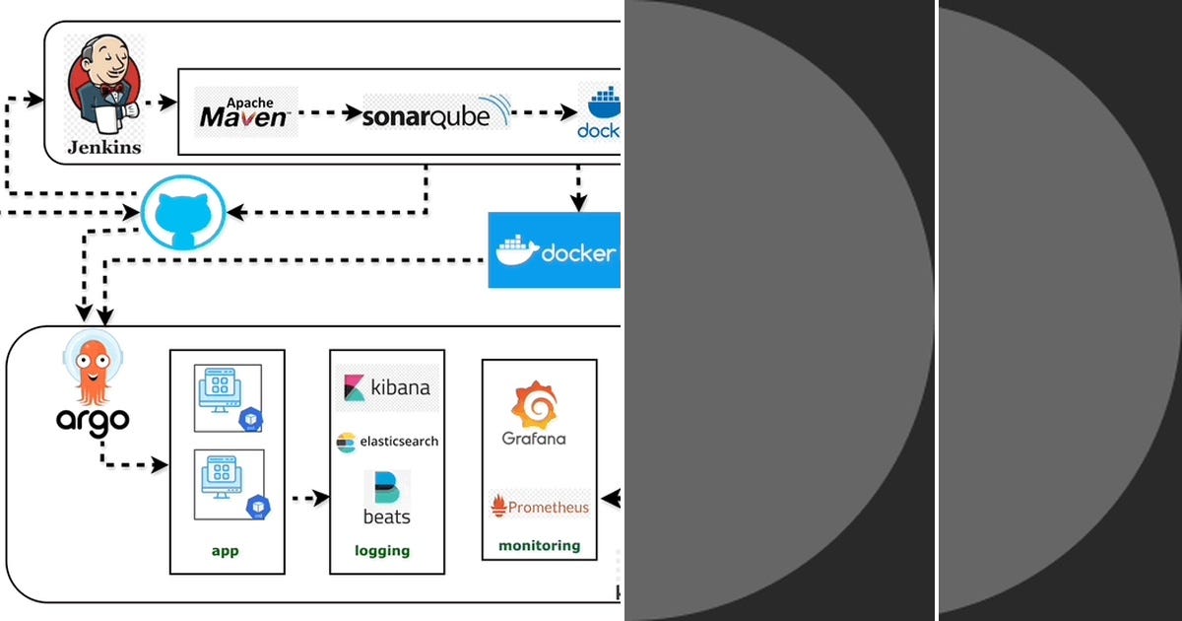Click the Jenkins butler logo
[x=103, y=87]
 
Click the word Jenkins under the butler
[x=103, y=148]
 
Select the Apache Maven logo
[x=245, y=111]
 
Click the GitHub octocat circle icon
[x=183, y=212]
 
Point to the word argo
[x=92, y=420]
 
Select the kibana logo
[x=387, y=387]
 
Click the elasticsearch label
[x=387, y=442]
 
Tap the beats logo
[x=387, y=498]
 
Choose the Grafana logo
[x=534, y=414]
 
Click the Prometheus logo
[x=540, y=506]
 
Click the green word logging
[x=382, y=550]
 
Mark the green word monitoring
[x=539, y=545]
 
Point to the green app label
[x=225, y=550]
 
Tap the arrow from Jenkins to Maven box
[x=158, y=102]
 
